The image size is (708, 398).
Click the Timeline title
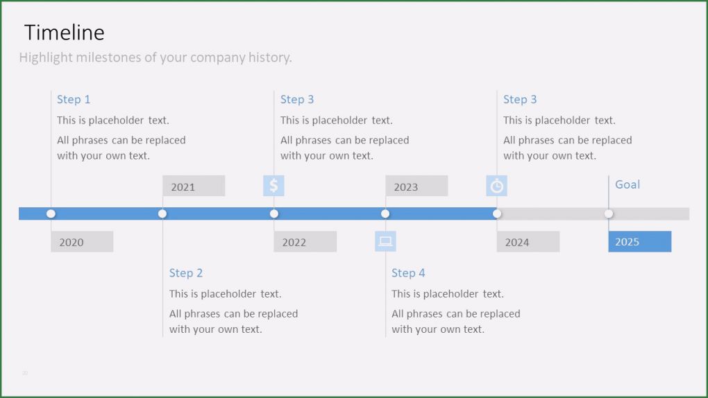(x=64, y=33)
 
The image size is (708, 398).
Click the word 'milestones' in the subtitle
(x=110, y=58)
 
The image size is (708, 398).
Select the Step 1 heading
(x=74, y=99)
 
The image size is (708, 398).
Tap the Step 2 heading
(x=186, y=272)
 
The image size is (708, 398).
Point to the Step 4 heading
(x=408, y=272)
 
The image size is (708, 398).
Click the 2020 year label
(x=81, y=241)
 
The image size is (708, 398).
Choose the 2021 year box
(x=193, y=186)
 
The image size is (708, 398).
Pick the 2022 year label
(x=305, y=241)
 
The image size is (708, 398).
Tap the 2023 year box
(x=416, y=186)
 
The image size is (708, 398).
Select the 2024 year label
(x=528, y=241)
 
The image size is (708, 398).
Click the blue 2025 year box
(x=639, y=241)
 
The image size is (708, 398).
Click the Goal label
(x=627, y=184)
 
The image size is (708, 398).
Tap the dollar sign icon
(x=273, y=186)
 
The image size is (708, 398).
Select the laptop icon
(x=385, y=241)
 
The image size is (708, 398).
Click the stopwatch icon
(x=497, y=186)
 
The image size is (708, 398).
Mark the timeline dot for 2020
(x=51, y=214)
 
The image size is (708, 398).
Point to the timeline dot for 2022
(x=274, y=214)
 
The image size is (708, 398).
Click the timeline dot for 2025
(x=609, y=214)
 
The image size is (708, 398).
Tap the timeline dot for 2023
(x=385, y=214)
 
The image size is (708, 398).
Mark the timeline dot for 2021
(x=162, y=214)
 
